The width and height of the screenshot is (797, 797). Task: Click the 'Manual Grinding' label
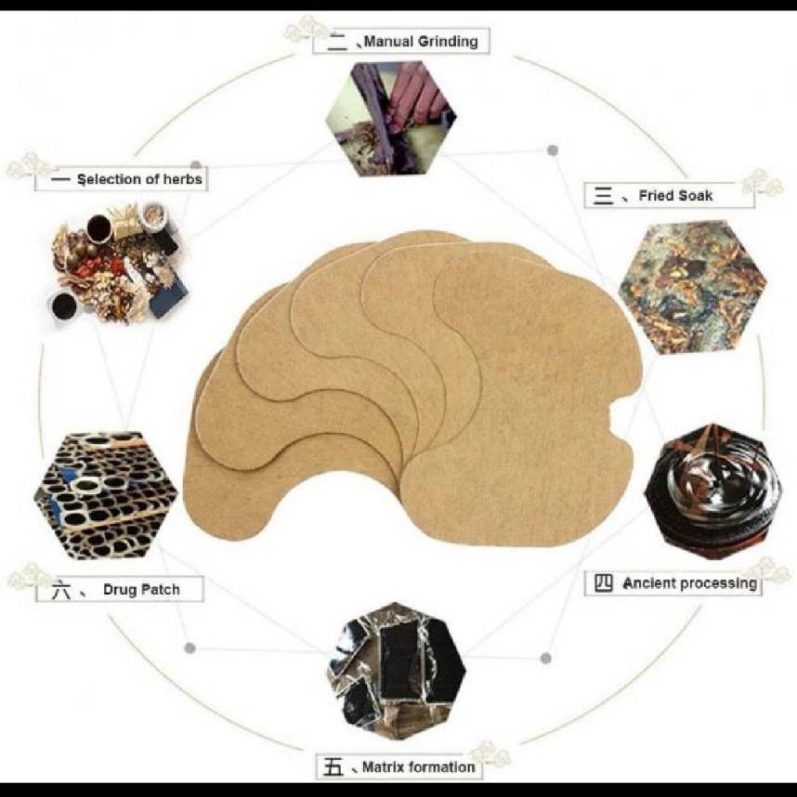421,41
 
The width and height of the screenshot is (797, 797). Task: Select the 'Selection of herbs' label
139,179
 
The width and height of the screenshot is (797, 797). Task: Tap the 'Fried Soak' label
675,196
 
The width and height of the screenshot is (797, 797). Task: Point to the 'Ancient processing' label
690,583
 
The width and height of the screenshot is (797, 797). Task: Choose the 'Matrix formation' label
418,766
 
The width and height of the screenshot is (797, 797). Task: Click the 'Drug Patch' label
141,590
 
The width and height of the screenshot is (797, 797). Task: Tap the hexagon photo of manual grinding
391,118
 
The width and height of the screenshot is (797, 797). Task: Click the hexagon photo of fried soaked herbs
693,287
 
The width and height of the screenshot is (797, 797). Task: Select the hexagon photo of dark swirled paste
713,491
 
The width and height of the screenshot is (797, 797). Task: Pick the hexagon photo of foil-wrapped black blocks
396,665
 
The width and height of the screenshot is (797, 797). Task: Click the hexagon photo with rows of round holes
106,496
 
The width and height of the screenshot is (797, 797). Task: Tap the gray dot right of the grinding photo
553,150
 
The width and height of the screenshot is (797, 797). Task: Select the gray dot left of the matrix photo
190,648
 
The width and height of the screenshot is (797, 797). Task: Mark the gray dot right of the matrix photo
546,659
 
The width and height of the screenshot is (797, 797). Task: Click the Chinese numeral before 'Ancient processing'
604,583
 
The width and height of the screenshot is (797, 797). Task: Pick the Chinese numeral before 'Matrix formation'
334,767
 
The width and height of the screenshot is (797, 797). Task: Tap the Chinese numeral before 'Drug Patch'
62,590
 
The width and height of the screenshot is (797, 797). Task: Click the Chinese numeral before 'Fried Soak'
604,196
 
